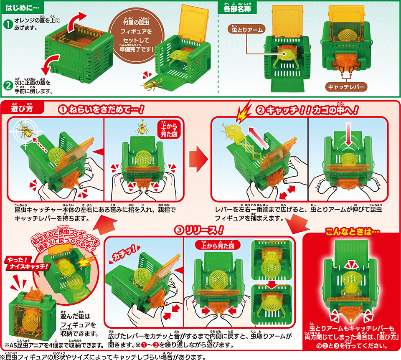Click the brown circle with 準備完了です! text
[x=131, y=37]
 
